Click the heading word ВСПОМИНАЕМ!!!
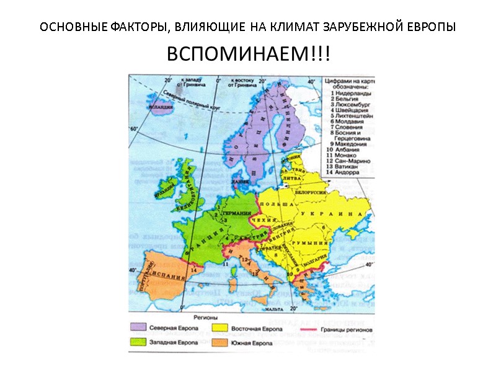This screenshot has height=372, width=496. (x=248, y=55)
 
